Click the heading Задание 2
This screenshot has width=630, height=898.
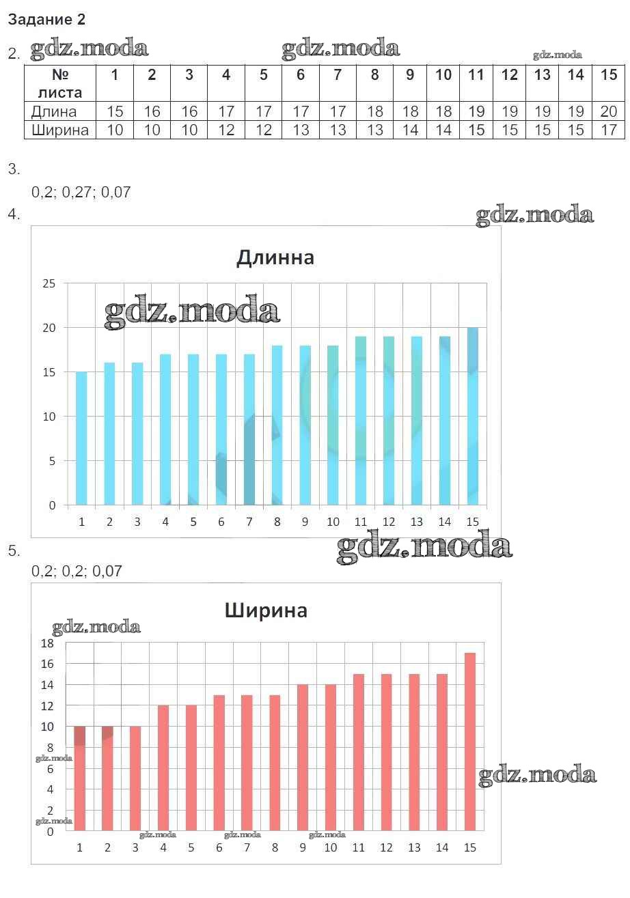click(46, 20)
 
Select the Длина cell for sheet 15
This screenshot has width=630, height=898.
click(608, 111)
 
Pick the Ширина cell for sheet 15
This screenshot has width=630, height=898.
click(608, 130)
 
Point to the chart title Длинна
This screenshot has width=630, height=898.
click(275, 257)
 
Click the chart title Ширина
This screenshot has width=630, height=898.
click(266, 610)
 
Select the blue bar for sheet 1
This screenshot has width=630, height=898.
click(81, 438)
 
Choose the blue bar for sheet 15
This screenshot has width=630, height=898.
click(472, 417)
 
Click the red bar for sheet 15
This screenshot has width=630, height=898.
click(469, 742)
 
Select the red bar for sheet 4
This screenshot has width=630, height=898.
click(163, 768)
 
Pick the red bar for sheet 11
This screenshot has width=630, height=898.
click(358, 752)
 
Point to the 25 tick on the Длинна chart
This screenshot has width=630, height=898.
click(49, 283)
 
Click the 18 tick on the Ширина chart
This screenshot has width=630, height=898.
click(47, 643)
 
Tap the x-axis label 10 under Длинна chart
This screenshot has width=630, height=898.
click(333, 522)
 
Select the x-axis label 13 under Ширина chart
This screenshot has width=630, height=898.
click(414, 848)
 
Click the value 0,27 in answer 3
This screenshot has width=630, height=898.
click(76, 193)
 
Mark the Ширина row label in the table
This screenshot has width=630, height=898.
click(59, 130)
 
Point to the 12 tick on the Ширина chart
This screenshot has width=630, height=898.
click(47, 705)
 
